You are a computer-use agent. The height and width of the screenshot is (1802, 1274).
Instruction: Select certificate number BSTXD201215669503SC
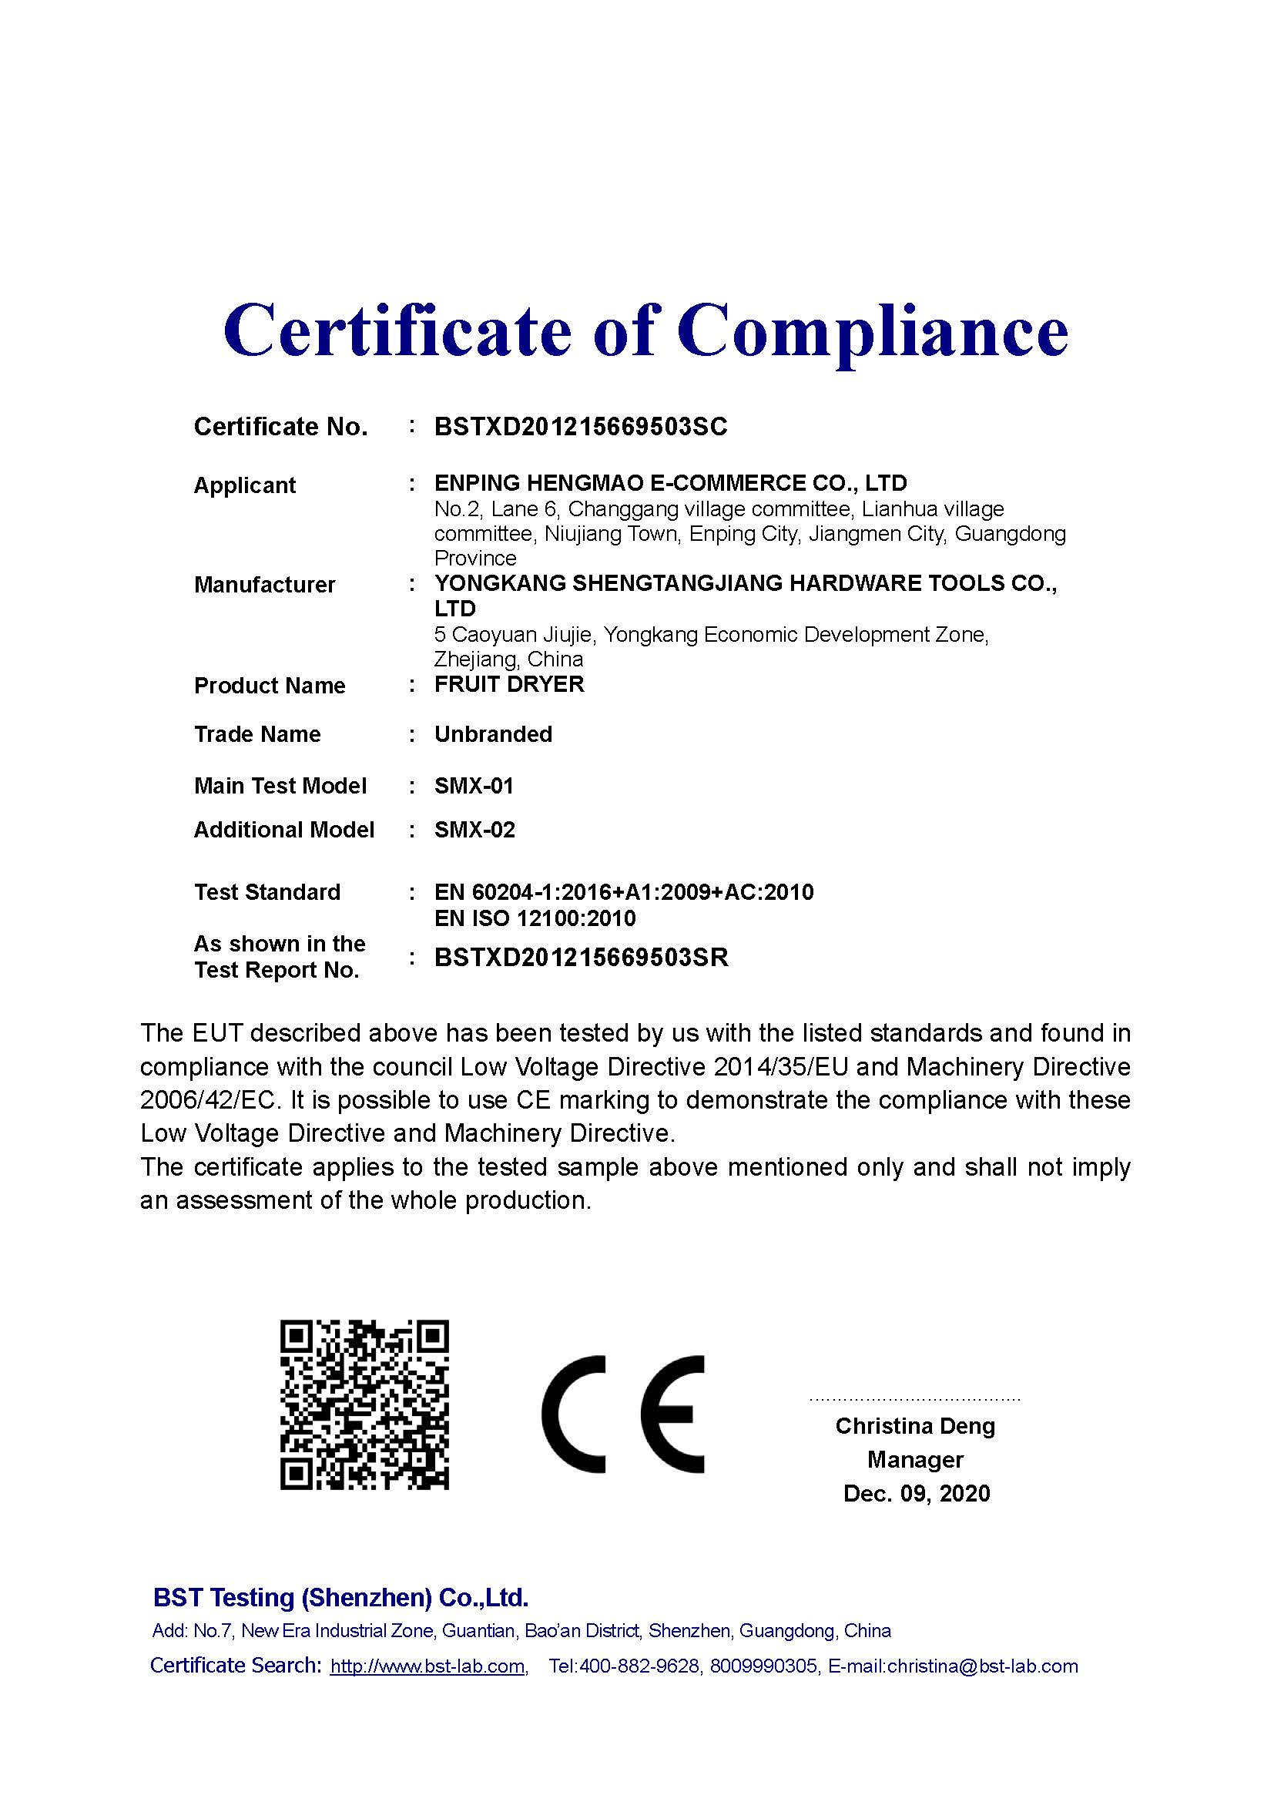(581, 426)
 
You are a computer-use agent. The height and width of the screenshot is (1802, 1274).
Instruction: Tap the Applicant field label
(245, 485)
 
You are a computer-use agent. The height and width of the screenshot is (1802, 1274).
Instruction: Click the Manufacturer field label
(264, 585)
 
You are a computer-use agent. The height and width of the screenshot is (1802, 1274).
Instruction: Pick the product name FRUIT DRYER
(509, 684)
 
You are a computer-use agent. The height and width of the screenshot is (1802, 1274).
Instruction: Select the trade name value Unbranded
(494, 734)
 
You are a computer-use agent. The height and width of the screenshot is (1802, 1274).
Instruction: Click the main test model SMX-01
(474, 786)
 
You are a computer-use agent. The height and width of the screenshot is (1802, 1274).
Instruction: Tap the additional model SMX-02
(474, 830)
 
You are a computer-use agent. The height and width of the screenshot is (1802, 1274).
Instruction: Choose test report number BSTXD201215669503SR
(582, 958)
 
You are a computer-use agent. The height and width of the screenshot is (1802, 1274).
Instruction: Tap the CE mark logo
(623, 1414)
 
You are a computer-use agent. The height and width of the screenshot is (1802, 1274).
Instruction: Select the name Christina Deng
(915, 1426)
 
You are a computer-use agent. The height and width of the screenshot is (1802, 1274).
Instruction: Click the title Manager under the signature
(915, 1460)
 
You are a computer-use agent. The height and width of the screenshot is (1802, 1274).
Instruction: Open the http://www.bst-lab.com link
(427, 1666)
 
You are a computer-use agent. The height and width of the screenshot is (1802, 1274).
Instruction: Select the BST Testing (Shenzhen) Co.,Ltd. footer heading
(340, 1597)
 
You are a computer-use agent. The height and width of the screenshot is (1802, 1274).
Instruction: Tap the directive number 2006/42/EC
(209, 1099)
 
